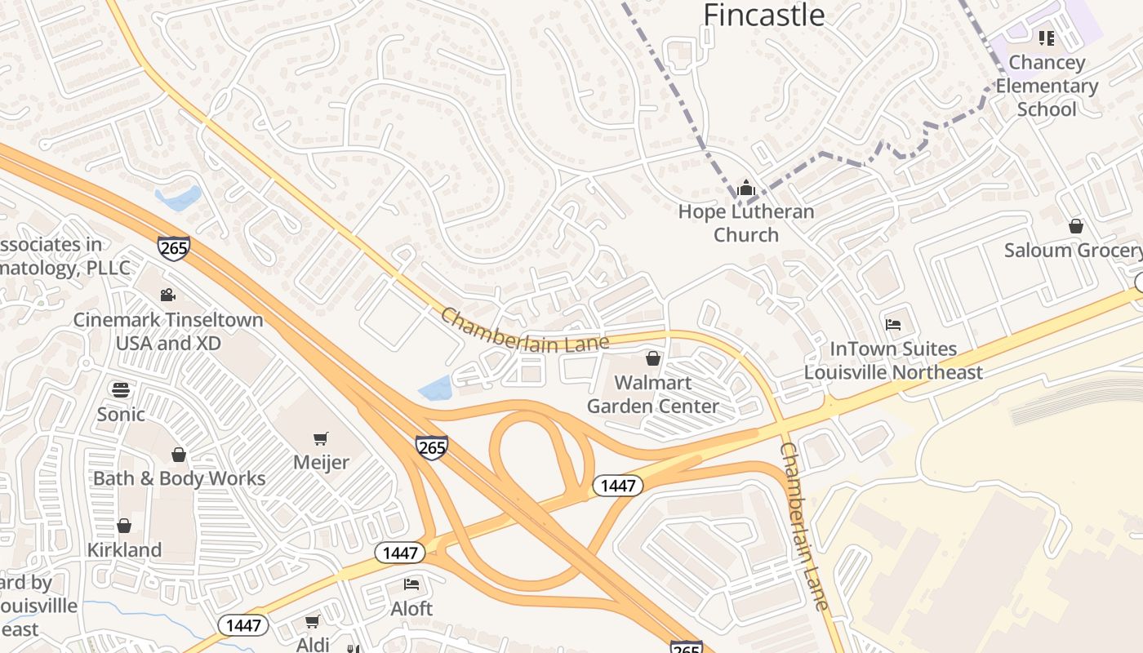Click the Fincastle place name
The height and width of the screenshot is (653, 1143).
[764, 15]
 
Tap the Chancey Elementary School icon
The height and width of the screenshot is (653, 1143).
[1047, 38]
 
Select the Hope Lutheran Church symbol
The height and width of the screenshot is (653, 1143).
[745, 189]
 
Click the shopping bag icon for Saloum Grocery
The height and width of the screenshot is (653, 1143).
[1076, 226]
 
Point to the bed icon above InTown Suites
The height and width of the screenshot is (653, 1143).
[893, 325]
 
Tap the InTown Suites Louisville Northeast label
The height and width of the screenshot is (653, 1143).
[893, 361]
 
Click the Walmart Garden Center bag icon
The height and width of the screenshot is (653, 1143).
[652, 358]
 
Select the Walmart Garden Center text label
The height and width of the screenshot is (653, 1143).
[652, 394]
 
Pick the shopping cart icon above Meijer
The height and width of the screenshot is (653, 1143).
[321, 439]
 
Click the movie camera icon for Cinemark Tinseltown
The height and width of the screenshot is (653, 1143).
[168, 295]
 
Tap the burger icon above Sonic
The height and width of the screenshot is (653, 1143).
[121, 390]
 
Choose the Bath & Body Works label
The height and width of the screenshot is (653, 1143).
[180, 478]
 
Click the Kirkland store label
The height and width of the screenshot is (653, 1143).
[124, 550]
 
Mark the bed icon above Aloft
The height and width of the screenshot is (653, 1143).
[411, 584]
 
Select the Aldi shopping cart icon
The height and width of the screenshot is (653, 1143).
[313, 622]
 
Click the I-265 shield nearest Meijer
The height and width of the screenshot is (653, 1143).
[431, 447]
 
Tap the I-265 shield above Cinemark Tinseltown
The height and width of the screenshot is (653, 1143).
[174, 248]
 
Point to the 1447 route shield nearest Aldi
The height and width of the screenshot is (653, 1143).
[243, 626]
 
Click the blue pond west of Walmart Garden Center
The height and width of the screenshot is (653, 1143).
[435, 388]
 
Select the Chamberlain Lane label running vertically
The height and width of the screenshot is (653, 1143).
[803, 526]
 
